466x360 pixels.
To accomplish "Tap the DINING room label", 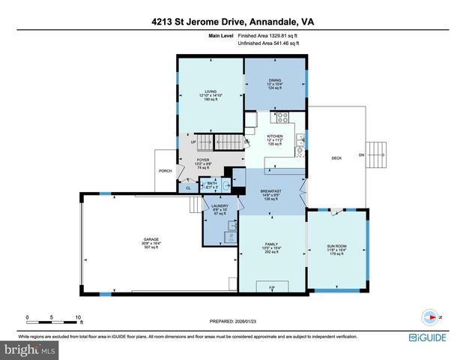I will click(x=275, y=81).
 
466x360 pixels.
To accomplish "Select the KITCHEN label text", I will click(x=275, y=136).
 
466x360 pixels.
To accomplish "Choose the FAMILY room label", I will click(x=272, y=244).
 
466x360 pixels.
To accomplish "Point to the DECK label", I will click(x=337, y=158).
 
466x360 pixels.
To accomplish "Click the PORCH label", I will click(x=165, y=171).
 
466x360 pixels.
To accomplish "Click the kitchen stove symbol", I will click(x=284, y=117).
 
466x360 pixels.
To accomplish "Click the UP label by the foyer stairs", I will click(x=194, y=142).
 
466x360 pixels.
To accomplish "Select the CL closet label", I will click(x=189, y=187).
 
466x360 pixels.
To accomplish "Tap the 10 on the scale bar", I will click(x=78, y=317).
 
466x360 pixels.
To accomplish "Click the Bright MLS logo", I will click(x=29, y=349).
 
